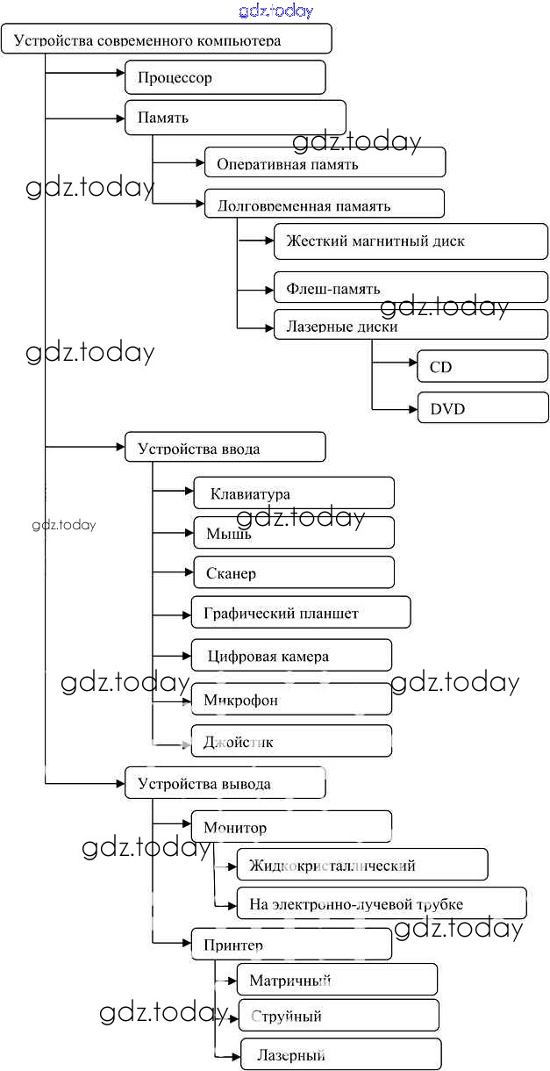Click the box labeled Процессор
(x=225, y=77)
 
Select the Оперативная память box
(x=325, y=162)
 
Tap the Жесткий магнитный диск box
(x=411, y=241)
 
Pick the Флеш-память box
(x=411, y=288)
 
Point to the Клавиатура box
(x=294, y=493)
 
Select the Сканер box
(x=294, y=572)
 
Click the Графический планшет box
(x=301, y=613)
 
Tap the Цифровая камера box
(x=291, y=656)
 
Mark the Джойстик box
(x=291, y=742)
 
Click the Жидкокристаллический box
(x=361, y=865)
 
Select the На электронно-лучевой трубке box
(x=382, y=903)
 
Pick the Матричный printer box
(x=337, y=980)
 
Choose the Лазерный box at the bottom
(x=340, y=1054)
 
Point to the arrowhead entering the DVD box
(x=412, y=408)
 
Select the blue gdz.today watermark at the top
(x=275, y=11)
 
